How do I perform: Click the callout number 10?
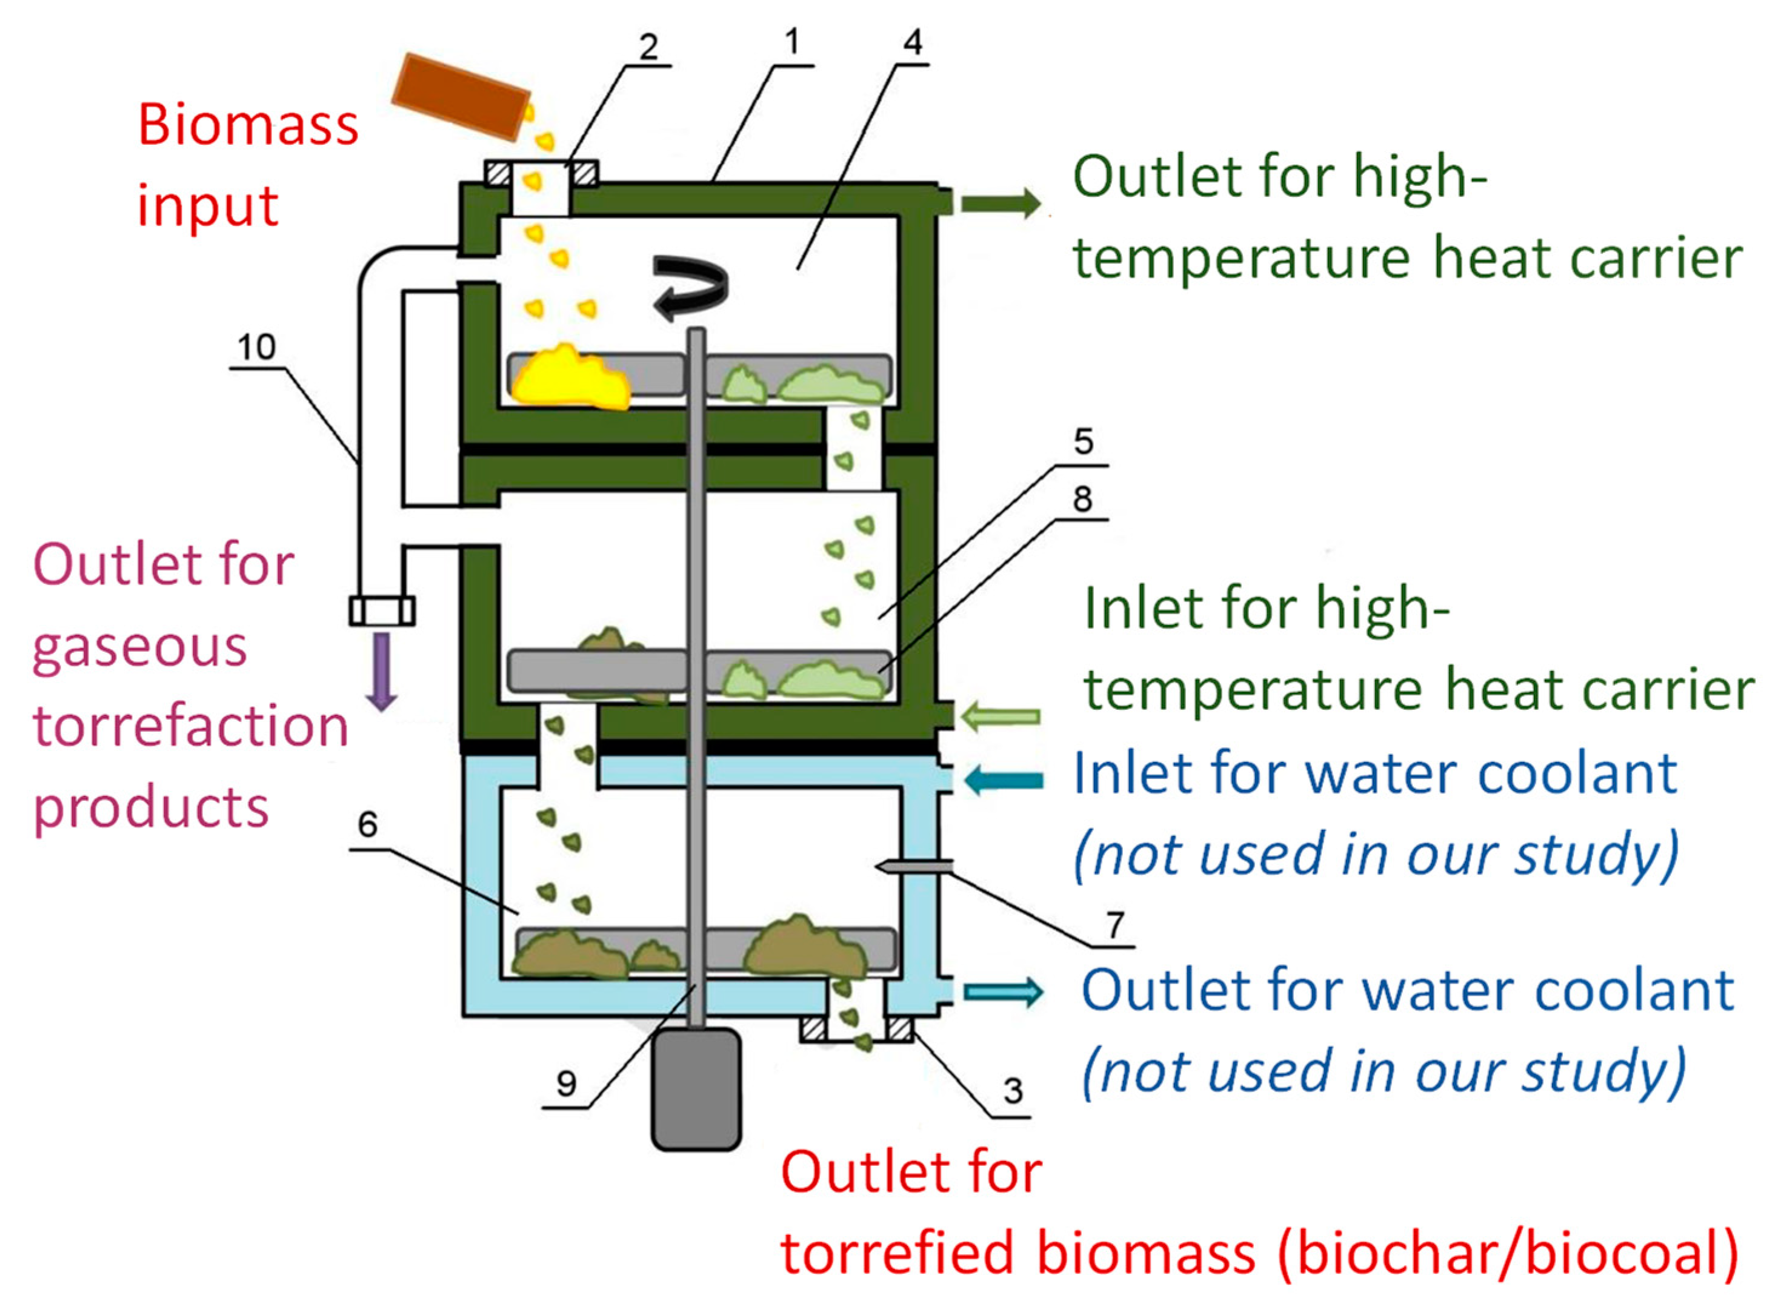pos(256,346)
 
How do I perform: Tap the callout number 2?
pos(648,47)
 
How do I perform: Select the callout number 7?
pos(1114,924)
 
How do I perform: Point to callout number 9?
pos(565,1083)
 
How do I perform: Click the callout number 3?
pos(1013,1091)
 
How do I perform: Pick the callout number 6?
pos(367,825)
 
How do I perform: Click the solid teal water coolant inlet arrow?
pos(1003,781)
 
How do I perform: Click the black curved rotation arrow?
pos(691,288)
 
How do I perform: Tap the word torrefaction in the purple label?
pos(190,726)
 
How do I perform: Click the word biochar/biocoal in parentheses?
pos(1508,1255)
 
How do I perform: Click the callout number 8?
pos(1082,499)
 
